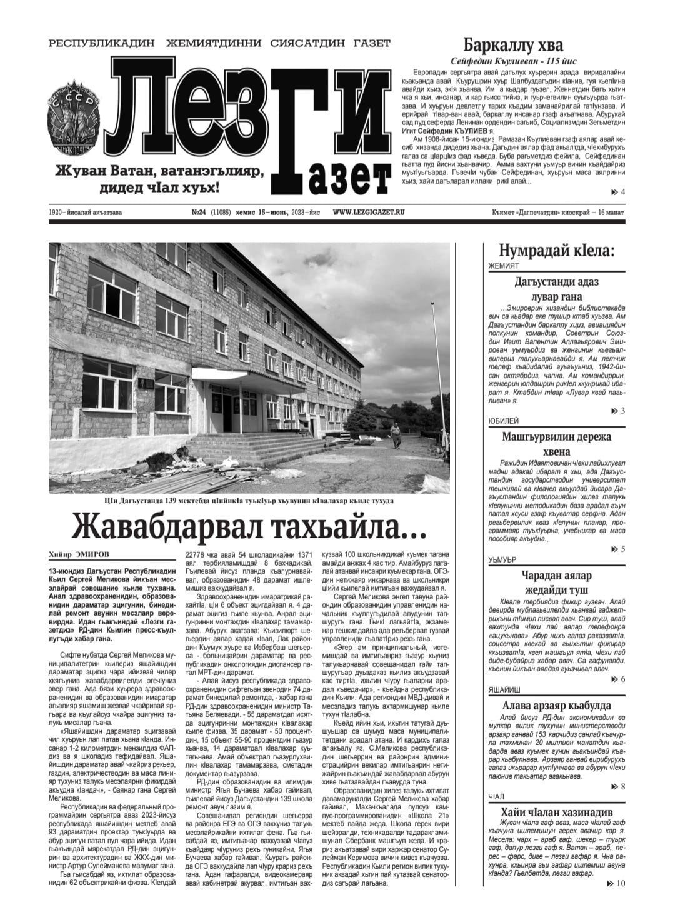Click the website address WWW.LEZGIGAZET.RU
click(369, 213)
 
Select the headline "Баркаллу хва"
click(512, 45)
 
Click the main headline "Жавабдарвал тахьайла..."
click(249, 526)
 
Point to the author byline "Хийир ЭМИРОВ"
click(79, 553)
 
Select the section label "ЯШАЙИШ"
click(504, 690)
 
